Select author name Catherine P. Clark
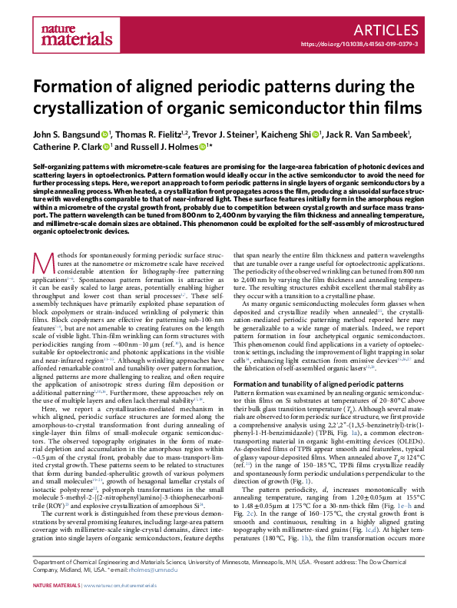(69, 147)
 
